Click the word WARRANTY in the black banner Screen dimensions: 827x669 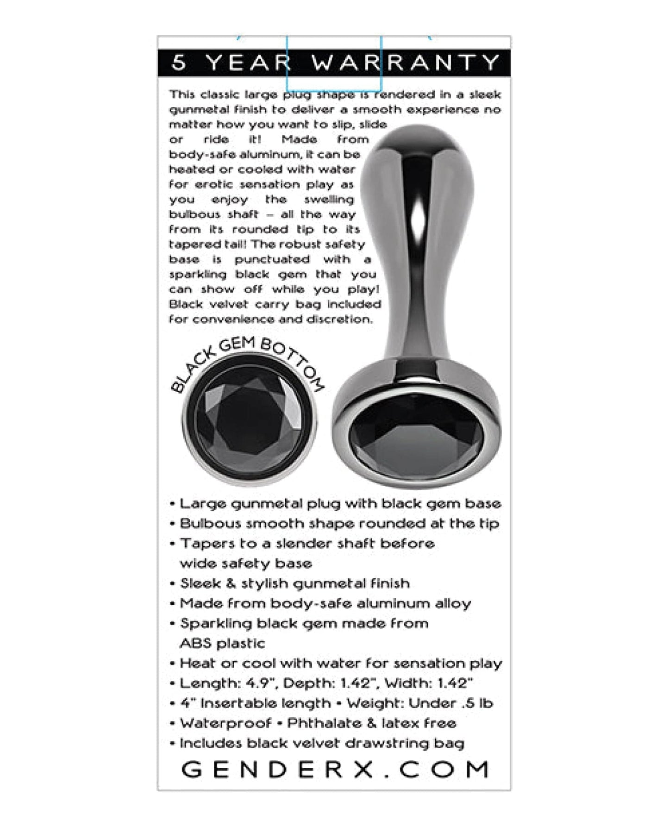tap(406, 63)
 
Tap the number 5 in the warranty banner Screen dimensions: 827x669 tap(179, 63)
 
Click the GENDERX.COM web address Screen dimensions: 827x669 tap(334, 770)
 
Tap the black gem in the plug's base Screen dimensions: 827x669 tap(417, 438)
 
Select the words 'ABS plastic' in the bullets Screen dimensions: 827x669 tap(222, 644)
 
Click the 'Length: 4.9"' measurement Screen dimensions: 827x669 tap(228, 683)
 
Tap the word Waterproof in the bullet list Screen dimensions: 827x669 tap(225, 723)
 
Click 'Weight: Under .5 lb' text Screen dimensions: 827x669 tap(419, 703)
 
